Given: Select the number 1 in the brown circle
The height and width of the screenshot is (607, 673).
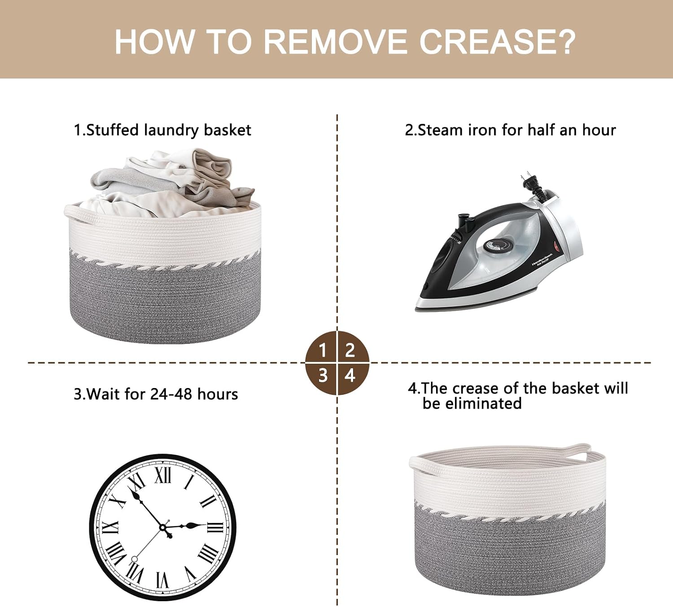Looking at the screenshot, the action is pyautogui.click(x=323, y=350).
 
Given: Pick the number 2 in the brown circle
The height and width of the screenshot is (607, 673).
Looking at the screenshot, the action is pyautogui.click(x=350, y=350).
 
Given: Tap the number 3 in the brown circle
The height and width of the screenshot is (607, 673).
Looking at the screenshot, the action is pyautogui.click(x=323, y=376).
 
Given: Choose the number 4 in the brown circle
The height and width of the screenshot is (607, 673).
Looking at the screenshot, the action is pyautogui.click(x=350, y=376).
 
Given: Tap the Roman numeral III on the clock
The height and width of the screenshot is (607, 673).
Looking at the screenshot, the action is pyautogui.click(x=215, y=528).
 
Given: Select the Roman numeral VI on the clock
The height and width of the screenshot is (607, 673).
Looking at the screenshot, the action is pyautogui.click(x=163, y=580).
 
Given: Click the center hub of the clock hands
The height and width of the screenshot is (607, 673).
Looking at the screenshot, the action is pyautogui.click(x=163, y=528).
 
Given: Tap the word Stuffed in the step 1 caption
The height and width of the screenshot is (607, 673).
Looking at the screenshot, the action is pyautogui.click(x=112, y=130).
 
